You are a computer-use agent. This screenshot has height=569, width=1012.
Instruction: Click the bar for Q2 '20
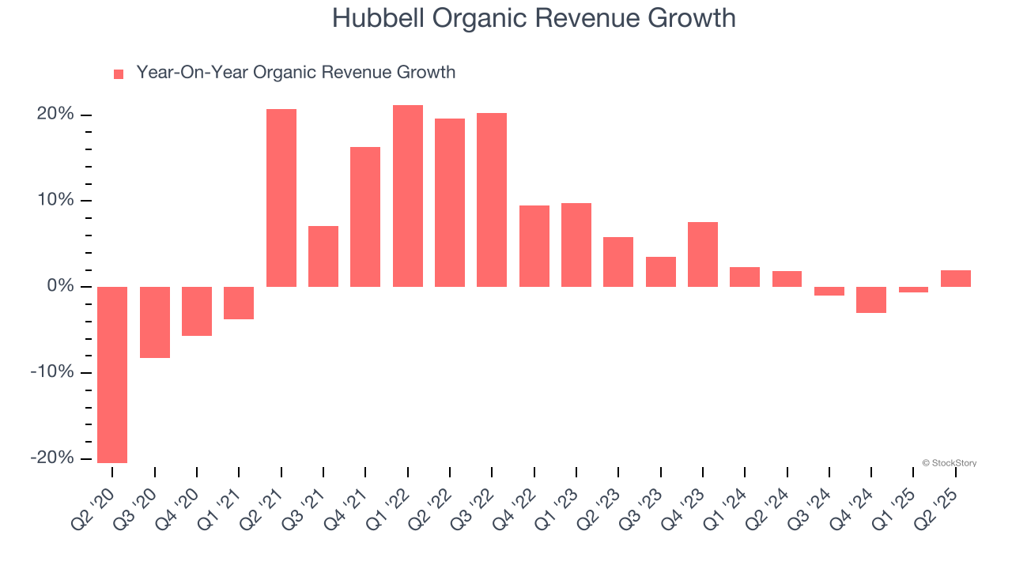(112, 375)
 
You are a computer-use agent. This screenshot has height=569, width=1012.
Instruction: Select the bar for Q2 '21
(281, 198)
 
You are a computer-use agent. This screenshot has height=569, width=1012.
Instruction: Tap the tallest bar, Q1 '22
(408, 196)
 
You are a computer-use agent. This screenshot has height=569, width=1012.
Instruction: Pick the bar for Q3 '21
(323, 256)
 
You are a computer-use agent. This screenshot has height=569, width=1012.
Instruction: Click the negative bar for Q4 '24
(871, 300)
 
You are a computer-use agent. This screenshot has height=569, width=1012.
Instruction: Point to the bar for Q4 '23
(703, 254)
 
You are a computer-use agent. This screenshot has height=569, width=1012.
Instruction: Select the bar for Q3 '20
(155, 322)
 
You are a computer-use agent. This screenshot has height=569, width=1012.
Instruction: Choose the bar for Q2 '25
(956, 278)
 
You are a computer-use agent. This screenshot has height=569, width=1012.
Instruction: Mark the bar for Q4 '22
(534, 246)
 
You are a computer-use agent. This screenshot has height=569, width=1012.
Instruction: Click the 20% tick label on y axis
(55, 115)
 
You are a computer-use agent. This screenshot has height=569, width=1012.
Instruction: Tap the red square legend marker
(119, 74)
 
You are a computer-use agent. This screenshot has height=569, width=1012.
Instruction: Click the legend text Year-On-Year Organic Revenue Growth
(296, 73)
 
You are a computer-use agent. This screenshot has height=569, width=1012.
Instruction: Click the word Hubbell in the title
(378, 18)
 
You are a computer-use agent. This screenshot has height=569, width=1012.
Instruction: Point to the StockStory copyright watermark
(949, 463)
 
